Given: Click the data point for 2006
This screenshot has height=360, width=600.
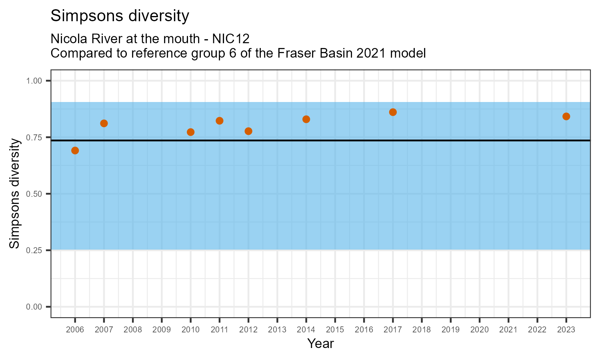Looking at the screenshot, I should point(75,150).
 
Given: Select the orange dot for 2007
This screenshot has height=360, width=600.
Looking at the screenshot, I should point(104,123).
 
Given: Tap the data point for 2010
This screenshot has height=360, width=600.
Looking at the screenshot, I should point(190,132).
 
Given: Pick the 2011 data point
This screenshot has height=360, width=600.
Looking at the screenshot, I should point(220,121).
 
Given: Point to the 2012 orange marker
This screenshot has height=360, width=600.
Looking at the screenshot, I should point(248,131).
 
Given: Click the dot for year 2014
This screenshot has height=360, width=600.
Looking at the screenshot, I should point(306,119).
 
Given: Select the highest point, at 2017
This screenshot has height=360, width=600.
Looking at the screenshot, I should point(393,112).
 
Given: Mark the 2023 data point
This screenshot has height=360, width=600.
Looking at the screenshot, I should point(566,116).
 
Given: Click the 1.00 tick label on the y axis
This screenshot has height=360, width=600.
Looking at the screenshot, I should point(34,81).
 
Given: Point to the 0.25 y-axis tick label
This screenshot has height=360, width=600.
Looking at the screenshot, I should point(34,250).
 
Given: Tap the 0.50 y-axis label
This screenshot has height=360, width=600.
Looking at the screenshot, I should point(34,194).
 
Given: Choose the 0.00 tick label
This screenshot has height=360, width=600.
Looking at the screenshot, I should point(34,307).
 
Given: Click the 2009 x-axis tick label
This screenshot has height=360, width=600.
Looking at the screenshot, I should point(162,330).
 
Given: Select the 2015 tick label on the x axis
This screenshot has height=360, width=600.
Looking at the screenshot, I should point(335,330).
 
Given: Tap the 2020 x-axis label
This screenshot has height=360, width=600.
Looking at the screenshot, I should point(479,330).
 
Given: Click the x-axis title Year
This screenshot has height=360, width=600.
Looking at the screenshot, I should point(320,344).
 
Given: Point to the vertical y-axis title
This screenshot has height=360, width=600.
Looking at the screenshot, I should point(15,194).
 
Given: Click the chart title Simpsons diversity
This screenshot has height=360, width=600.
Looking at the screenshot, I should point(120,16).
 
